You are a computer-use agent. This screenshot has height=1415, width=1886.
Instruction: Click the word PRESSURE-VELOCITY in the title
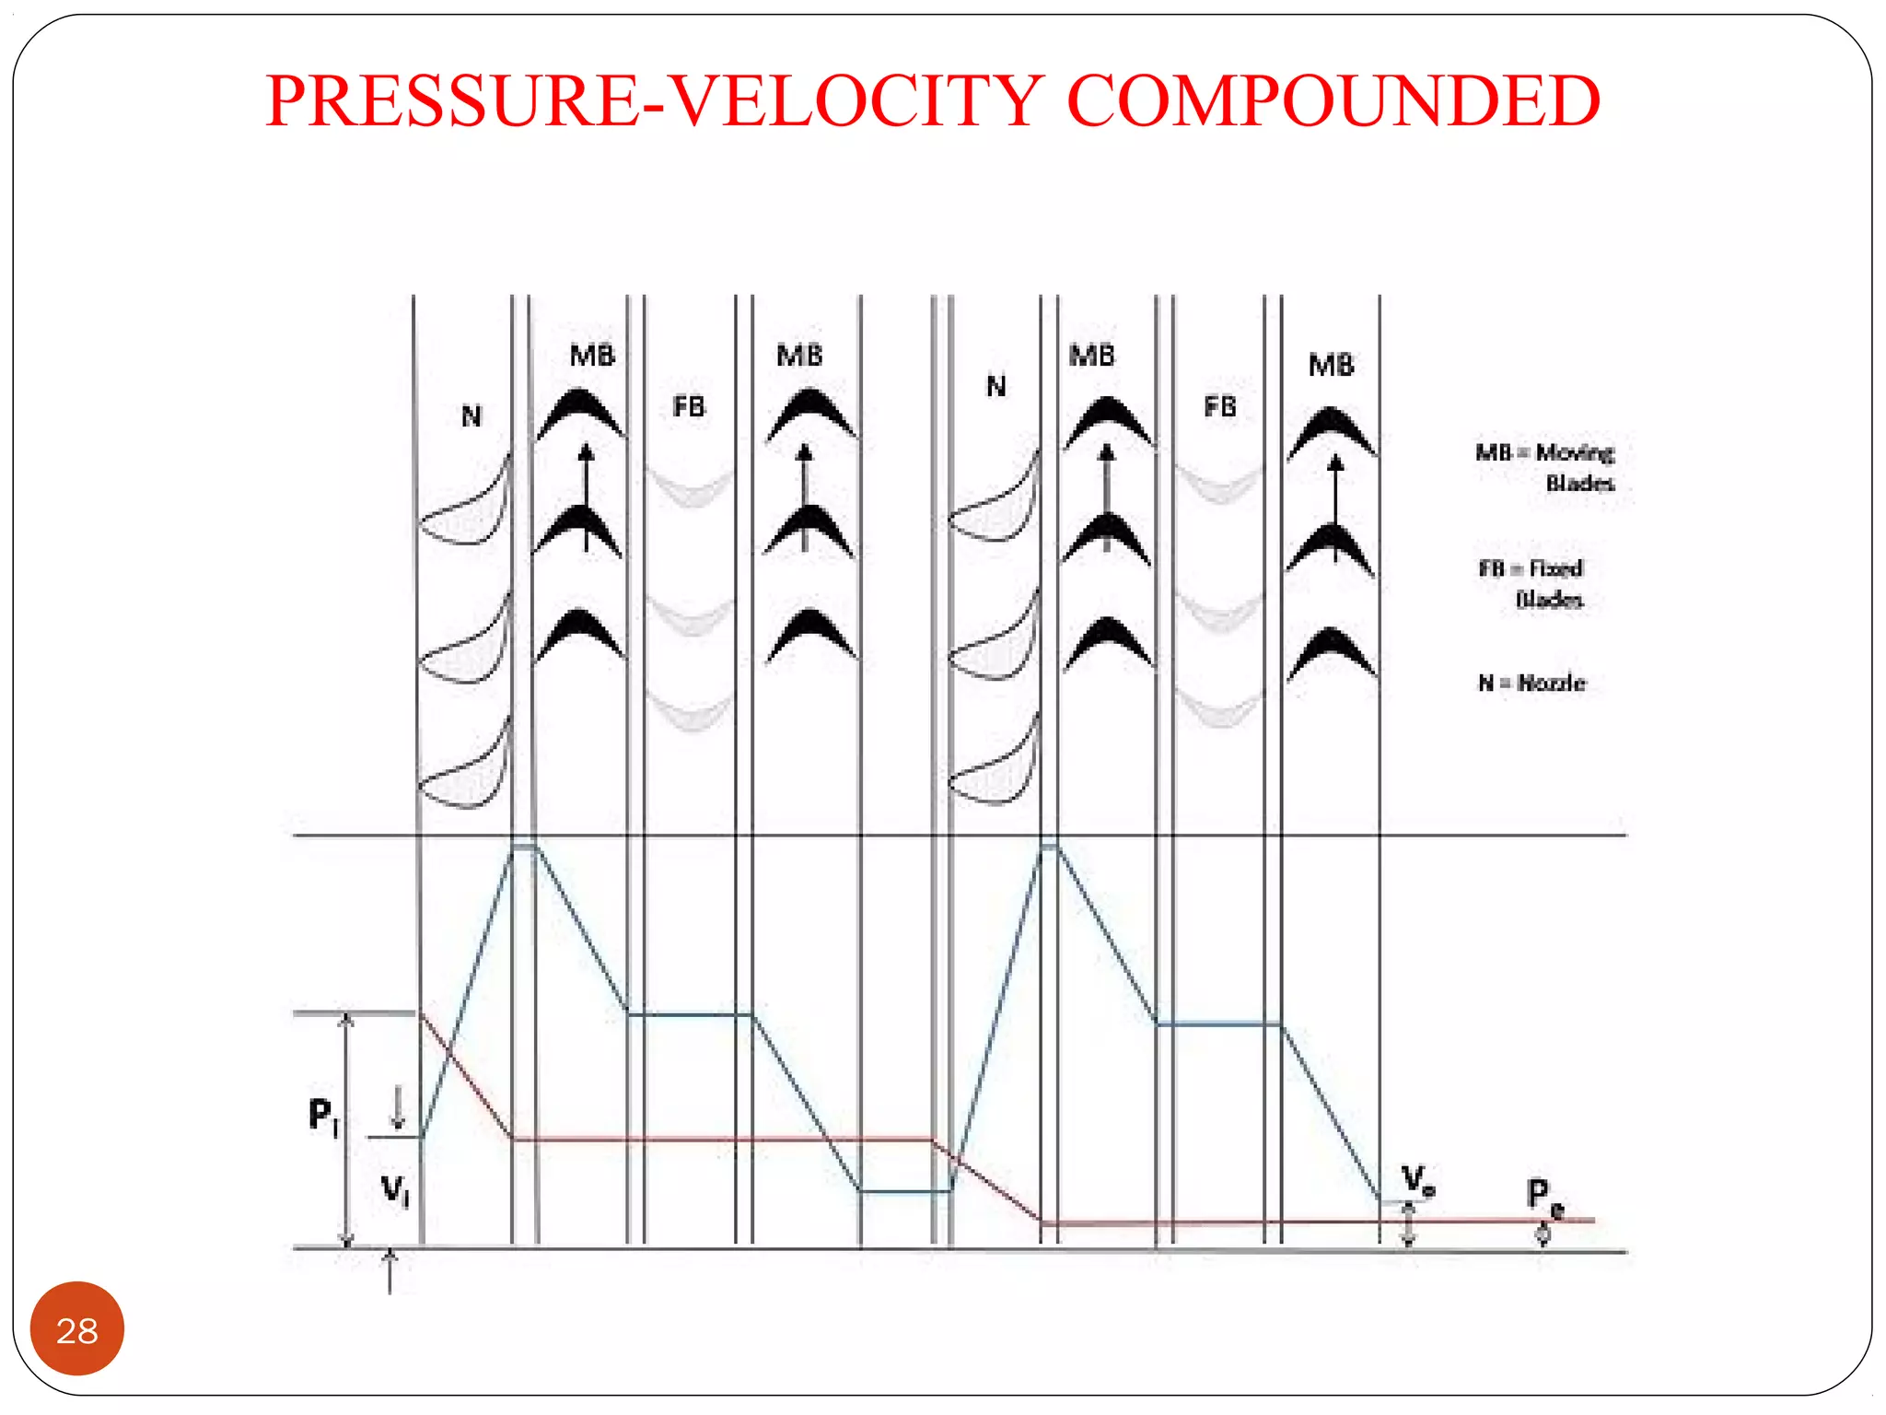tap(654, 101)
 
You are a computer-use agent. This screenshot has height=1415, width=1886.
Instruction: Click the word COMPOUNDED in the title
tap(1333, 101)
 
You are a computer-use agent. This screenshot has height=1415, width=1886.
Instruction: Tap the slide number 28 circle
tap(77, 1329)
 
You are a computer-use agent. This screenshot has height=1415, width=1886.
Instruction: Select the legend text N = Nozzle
tap(1531, 683)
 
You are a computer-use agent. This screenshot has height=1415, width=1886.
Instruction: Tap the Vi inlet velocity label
tap(395, 1191)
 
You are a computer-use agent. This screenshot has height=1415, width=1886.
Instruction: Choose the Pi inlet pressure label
tap(323, 1117)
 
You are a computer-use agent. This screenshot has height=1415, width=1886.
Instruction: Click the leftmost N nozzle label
tap(471, 416)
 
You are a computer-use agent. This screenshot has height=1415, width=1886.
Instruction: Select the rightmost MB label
tap(1331, 366)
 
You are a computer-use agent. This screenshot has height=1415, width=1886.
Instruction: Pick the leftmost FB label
tap(689, 406)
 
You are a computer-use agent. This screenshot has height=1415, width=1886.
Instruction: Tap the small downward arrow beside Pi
tap(398, 1106)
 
